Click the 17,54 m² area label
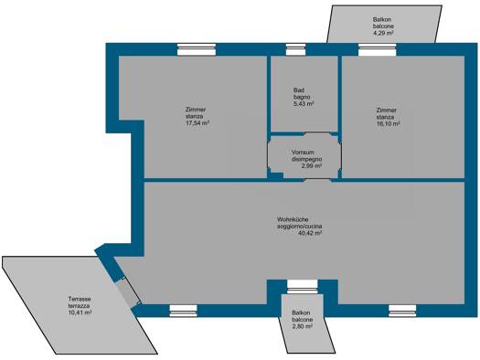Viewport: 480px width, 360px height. pyautogui.click(x=197, y=123)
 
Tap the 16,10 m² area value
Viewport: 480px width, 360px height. pyautogui.click(x=389, y=124)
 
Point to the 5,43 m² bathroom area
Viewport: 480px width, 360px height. pyautogui.click(x=304, y=104)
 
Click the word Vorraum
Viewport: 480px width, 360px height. pyautogui.click(x=303, y=153)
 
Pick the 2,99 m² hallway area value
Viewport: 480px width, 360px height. pyautogui.click(x=312, y=166)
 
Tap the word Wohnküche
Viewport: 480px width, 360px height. pyautogui.click(x=293, y=219)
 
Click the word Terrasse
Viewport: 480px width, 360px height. pyautogui.click(x=80, y=299)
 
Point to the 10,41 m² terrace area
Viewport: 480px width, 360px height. pyautogui.click(x=80, y=312)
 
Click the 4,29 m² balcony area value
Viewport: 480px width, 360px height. pyautogui.click(x=383, y=33)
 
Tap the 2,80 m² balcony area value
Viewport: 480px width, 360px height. pyautogui.click(x=302, y=326)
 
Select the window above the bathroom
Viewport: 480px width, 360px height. pyautogui.click(x=295, y=49)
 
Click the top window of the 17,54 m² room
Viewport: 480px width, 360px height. pyautogui.click(x=197, y=49)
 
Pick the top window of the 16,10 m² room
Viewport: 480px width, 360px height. pyautogui.click(x=377, y=49)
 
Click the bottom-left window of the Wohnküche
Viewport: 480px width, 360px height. pyautogui.click(x=184, y=311)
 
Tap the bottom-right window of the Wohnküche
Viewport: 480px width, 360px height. pyautogui.click(x=402, y=311)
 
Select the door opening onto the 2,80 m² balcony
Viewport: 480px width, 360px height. pyautogui.click(x=303, y=285)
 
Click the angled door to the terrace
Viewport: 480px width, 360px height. pyautogui.click(x=129, y=292)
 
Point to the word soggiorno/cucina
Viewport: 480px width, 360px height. pyautogui.click(x=299, y=227)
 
